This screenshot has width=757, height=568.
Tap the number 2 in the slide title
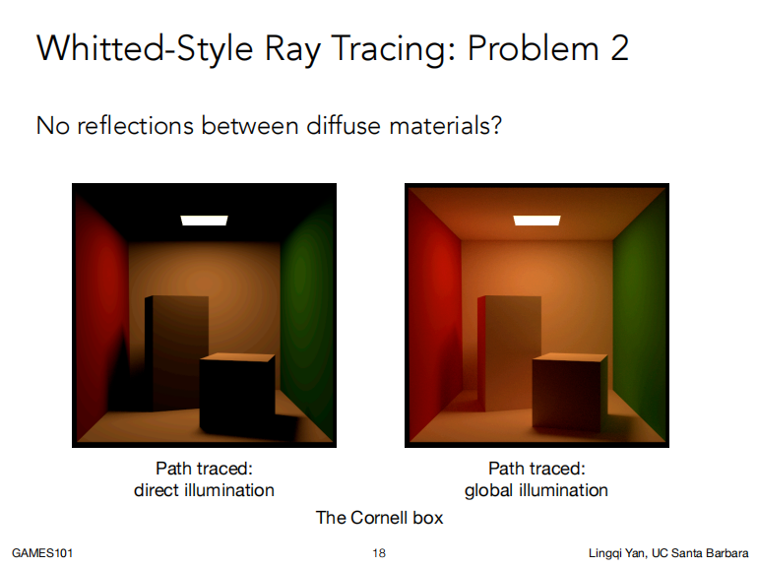pyautogui.click(x=618, y=48)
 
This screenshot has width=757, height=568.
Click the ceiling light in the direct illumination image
pyautogui.click(x=204, y=220)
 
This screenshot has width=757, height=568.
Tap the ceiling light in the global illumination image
pyautogui.click(x=536, y=220)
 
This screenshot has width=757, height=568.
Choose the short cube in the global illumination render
pyautogui.click(x=569, y=394)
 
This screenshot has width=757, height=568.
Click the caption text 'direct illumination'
pyautogui.click(x=204, y=490)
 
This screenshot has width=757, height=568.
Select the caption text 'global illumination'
pyautogui.click(x=536, y=490)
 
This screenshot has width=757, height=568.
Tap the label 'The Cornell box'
pyautogui.click(x=379, y=518)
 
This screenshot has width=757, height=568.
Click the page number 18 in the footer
pyautogui.click(x=379, y=553)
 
